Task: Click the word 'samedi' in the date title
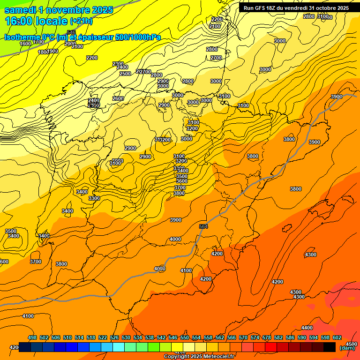click(22, 10)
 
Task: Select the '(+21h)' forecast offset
click(81, 22)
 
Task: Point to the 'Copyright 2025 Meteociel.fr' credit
click(199, 357)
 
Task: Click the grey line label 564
click(203, 226)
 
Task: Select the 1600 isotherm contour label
click(25, 44)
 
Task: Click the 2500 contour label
click(125, 74)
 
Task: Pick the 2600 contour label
click(118, 98)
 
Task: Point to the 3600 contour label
click(181, 181)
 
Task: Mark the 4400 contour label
click(307, 328)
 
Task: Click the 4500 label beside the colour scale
click(351, 344)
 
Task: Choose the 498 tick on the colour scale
click(32, 337)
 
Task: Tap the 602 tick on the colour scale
click(337, 337)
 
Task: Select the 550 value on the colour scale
click(184, 337)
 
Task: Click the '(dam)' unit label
click(347, 348)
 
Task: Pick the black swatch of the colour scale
click(329, 347)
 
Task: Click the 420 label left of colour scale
click(14, 347)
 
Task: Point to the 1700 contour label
click(39, 42)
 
